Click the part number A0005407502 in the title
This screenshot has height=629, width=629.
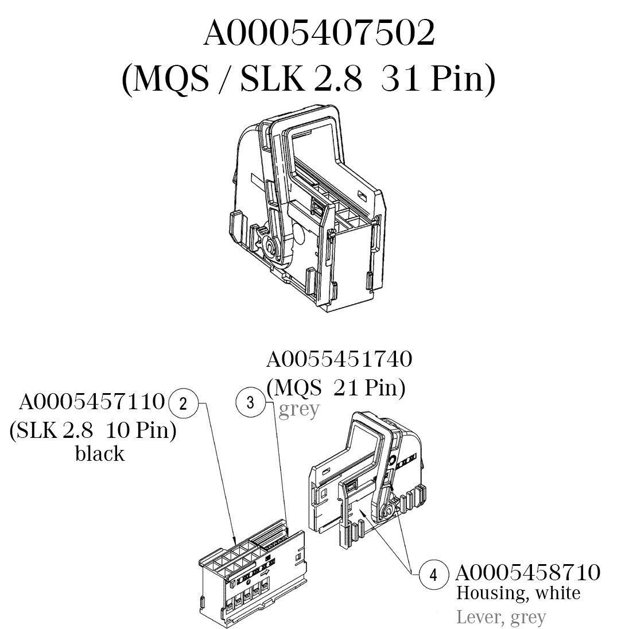319,34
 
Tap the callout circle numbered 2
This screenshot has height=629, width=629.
183,403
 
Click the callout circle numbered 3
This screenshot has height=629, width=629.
250,402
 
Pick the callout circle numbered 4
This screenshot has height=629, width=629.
434,574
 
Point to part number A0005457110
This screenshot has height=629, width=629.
92,402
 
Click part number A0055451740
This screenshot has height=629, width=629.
339,360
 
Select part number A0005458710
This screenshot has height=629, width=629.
528,572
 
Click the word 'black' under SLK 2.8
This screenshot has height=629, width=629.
100,454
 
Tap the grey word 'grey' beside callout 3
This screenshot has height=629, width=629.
298,410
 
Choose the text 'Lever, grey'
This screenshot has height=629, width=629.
501,618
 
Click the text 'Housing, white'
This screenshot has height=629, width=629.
518,593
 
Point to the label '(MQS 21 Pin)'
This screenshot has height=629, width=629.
336,389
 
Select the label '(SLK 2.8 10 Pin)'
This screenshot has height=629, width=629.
93,430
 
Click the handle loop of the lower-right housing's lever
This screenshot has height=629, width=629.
365,448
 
